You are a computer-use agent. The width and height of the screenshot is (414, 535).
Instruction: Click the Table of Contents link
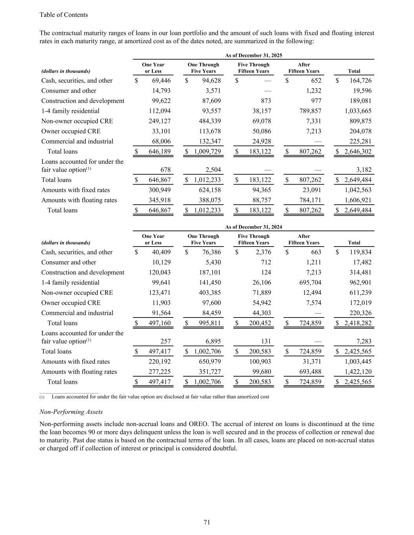[x=64, y=15]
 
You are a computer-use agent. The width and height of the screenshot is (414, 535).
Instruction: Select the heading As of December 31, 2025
[x=254, y=56]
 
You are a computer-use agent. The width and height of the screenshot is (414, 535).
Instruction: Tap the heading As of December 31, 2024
[x=254, y=227]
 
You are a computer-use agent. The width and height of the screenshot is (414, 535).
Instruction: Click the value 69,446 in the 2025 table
[x=161, y=81]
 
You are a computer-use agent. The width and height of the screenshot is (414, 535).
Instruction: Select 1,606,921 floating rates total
[x=358, y=200]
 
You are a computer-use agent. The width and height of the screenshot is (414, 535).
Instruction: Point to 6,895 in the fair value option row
[x=213, y=342]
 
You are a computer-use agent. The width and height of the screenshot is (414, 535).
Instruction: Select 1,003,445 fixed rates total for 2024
[x=358, y=362]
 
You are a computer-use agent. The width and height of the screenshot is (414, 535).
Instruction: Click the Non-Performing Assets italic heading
[x=71, y=412]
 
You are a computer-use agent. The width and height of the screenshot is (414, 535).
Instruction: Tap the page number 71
[x=207, y=522]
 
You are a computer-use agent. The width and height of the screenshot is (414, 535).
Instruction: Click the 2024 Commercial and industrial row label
[x=77, y=313]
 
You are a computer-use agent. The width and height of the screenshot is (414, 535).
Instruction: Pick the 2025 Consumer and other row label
[x=69, y=91]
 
